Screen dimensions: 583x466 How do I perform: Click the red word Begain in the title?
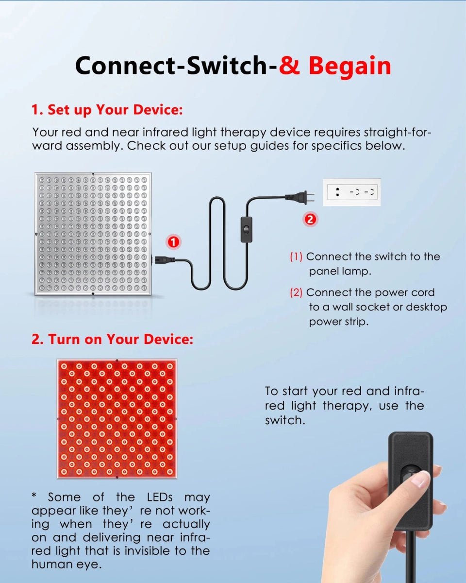[x=349, y=66]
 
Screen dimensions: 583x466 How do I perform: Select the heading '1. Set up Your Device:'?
[x=107, y=110]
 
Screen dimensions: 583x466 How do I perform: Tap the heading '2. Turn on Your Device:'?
[x=112, y=339]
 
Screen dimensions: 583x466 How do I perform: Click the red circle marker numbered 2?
[x=310, y=219]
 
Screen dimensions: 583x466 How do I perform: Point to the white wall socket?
[x=351, y=192]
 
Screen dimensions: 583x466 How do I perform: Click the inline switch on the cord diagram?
[x=248, y=229]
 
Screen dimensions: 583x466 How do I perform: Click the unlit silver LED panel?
[x=92, y=234]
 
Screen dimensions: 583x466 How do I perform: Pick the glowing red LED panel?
[x=116, y=419]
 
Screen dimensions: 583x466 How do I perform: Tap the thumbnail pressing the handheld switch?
[x=420, y=480]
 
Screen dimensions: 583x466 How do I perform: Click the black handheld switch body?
[x=410, y=481]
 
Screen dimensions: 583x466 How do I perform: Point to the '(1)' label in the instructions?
[x=296, y=257]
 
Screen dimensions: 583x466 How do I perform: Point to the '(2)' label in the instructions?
[x=296, y=292]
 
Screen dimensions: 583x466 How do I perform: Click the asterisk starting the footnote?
[x=34, y=497]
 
